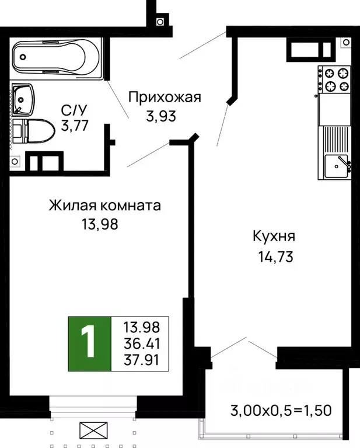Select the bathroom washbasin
(x=24, y=99)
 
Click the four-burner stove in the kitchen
(x=335, y=80)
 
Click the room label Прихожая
(x=164, y=97)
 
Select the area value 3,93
(x=161, y=116)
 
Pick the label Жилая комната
(x=104, y=206)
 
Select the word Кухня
(x=274, y=237)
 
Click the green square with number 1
(x=89, y=344)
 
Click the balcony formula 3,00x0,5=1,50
(x=280, y=410)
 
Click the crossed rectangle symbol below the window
(x=93, y=432)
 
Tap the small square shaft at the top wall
(x=160, y=22)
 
